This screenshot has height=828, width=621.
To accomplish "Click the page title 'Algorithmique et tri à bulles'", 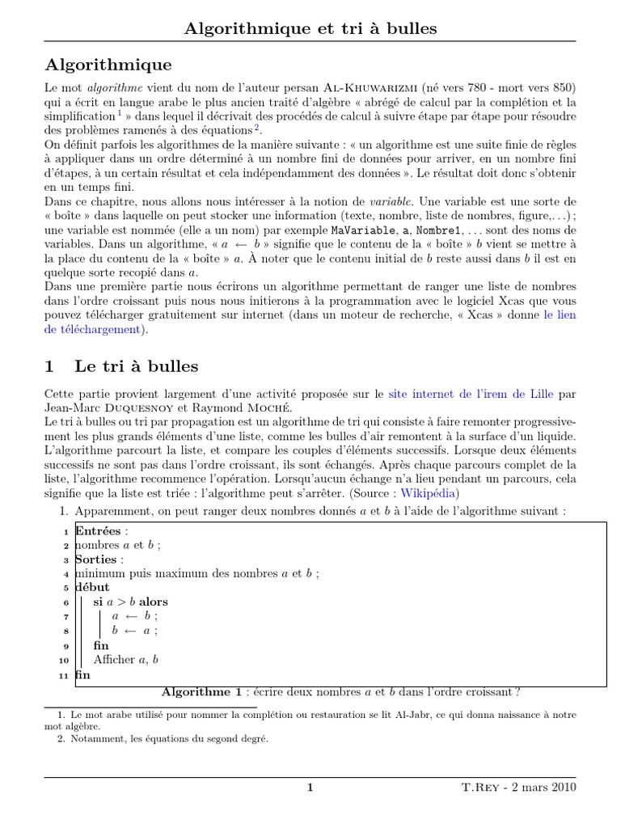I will coord(310,28).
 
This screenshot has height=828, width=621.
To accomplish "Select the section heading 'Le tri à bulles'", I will coord(136,366).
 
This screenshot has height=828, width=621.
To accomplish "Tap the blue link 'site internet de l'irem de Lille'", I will coord(471,395).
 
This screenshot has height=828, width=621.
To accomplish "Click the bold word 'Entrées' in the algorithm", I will coord(96,531).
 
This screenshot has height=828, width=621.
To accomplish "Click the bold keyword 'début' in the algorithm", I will coord(92,587).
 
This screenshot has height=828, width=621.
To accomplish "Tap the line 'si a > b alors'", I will coord(130,602).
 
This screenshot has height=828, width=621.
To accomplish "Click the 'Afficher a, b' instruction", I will coord(125,660).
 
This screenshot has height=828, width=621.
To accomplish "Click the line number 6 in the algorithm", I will coord(66,602).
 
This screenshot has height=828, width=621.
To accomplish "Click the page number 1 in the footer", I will coord(310,788).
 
